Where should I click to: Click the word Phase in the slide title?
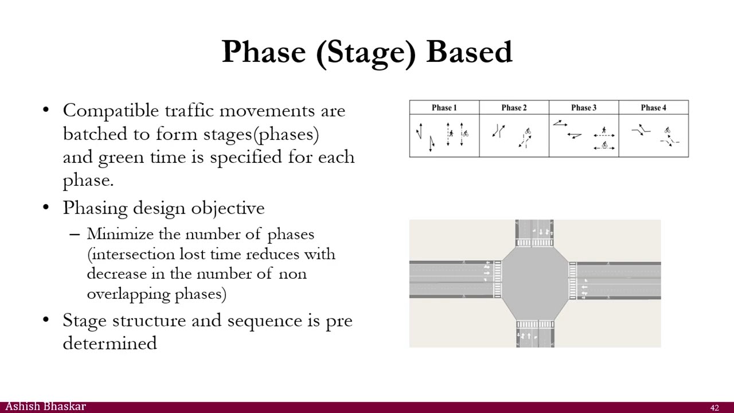pyautogui.click(x=264, y=52)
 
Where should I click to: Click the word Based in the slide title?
pyautogui.click(x=469, y=52)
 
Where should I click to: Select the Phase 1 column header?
pyautogui.click(x=444, y=107)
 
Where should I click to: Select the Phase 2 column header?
pyautogui.click(x=514, y=107)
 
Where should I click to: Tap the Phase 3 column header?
pyautogui.click(x=584, y=107)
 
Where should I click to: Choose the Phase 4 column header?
pyautogui.click(x=653, y=107)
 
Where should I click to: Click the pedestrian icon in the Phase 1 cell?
pyautogui.click(x=451, y=134)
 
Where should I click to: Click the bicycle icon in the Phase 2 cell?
pyautogui.click(x=528, y=131)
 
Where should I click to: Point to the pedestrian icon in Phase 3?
pyautogui.click(x=603, y=131)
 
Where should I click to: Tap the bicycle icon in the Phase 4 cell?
pyautogui.click(x=667, y=131)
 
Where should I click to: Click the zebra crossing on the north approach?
pyautogui.click(x=534, y=243)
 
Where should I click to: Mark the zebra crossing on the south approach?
pyautogui.click(x=534, y=325)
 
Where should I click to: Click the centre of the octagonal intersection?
pyautogui.click(x=534, y=280)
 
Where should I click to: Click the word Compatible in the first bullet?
pyautogui.click(x=111, y=110)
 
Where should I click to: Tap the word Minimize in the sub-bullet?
pyautogui.click(x=120, y=234)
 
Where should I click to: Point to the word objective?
pyautogui.click(x=228, y=208)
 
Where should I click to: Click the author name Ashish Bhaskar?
pyautogui.click(x=45, y=407)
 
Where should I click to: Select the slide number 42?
pyautogui.click(x=715, y=408)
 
